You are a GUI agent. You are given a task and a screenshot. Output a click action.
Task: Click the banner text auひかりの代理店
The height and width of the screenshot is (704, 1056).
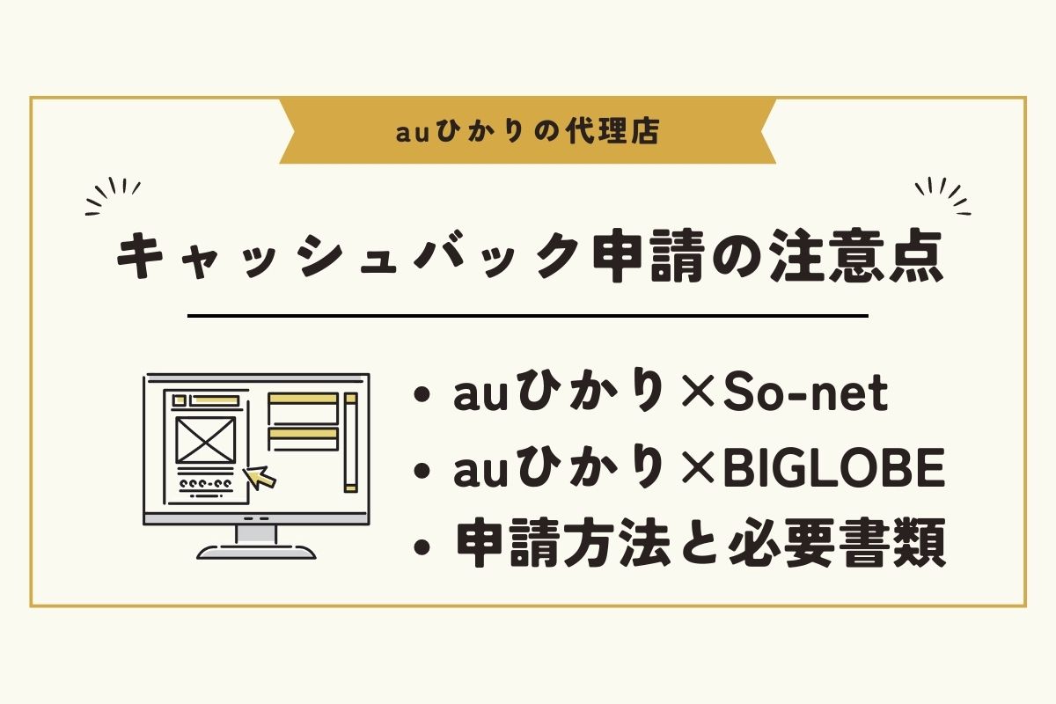tap(527, 131)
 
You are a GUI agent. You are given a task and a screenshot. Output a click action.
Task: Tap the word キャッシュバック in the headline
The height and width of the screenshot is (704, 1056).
tap(348, 258)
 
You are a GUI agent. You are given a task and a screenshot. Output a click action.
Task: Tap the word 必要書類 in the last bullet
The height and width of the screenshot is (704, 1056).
tap(836, 542)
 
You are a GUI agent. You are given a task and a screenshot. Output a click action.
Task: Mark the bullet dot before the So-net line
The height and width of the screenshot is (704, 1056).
tap(422, 396)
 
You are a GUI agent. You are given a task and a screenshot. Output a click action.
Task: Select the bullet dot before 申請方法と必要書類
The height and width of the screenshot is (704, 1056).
tap(422, 546)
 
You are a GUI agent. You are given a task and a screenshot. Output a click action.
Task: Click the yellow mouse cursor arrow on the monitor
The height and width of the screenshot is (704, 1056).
tap(259, 478)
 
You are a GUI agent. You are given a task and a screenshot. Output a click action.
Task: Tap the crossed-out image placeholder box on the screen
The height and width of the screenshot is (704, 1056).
tap(206, 440)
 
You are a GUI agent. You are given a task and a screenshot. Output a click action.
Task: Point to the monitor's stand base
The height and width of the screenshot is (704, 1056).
tap(256, 552)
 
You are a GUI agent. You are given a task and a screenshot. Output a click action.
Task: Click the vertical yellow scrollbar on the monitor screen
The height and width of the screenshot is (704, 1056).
tap(350, 443)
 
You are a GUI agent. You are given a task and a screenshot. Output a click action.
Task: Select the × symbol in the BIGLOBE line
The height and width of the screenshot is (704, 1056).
tap(698, 470)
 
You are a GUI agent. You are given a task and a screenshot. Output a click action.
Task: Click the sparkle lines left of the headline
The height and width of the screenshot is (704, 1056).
tap(114, 196)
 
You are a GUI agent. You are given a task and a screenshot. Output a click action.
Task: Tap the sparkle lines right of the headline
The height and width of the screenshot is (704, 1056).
tap(942, 196)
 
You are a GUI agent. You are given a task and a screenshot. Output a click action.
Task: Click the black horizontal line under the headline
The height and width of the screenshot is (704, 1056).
tap(528, 316)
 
